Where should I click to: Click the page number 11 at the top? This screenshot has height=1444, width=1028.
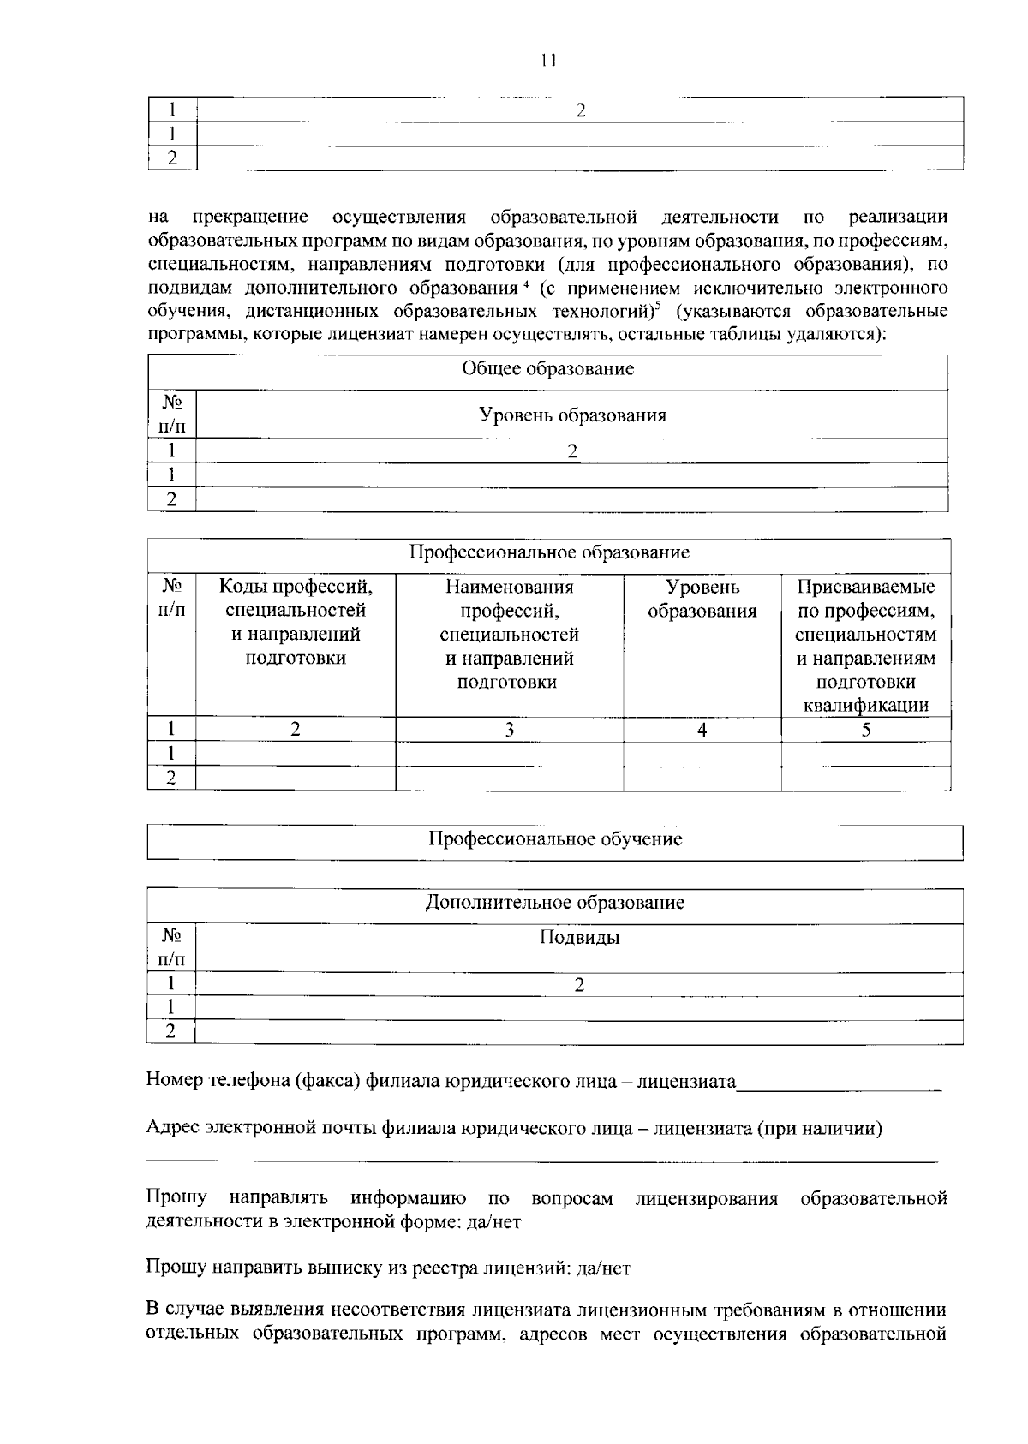click(x=548, y=60)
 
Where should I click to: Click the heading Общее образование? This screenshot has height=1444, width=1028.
click(x=547, y=369)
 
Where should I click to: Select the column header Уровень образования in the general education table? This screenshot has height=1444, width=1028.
click(x=572, y=415)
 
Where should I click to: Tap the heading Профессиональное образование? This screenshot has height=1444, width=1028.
click(x=549, y=552)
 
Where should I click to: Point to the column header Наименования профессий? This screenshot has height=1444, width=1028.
click(x=509, y=634)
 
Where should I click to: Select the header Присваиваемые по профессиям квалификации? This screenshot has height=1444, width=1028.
click(x=865, y=646)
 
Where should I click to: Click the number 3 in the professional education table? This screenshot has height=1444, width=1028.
click(x=509, y=730)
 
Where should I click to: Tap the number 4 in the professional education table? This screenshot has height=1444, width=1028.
click(x=702, y=730)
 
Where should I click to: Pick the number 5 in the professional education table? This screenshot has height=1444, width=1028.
click(x=865, y=730)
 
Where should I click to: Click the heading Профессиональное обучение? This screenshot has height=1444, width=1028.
click(x=555, y=839)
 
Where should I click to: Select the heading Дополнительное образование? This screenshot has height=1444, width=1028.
click(x=555, y=903)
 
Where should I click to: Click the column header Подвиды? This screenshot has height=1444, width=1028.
click(x=579, y=938)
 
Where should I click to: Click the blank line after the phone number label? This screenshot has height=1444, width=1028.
click(x=839, y=1086)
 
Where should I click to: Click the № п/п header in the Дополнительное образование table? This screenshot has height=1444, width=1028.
click(x=171, y=947)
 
